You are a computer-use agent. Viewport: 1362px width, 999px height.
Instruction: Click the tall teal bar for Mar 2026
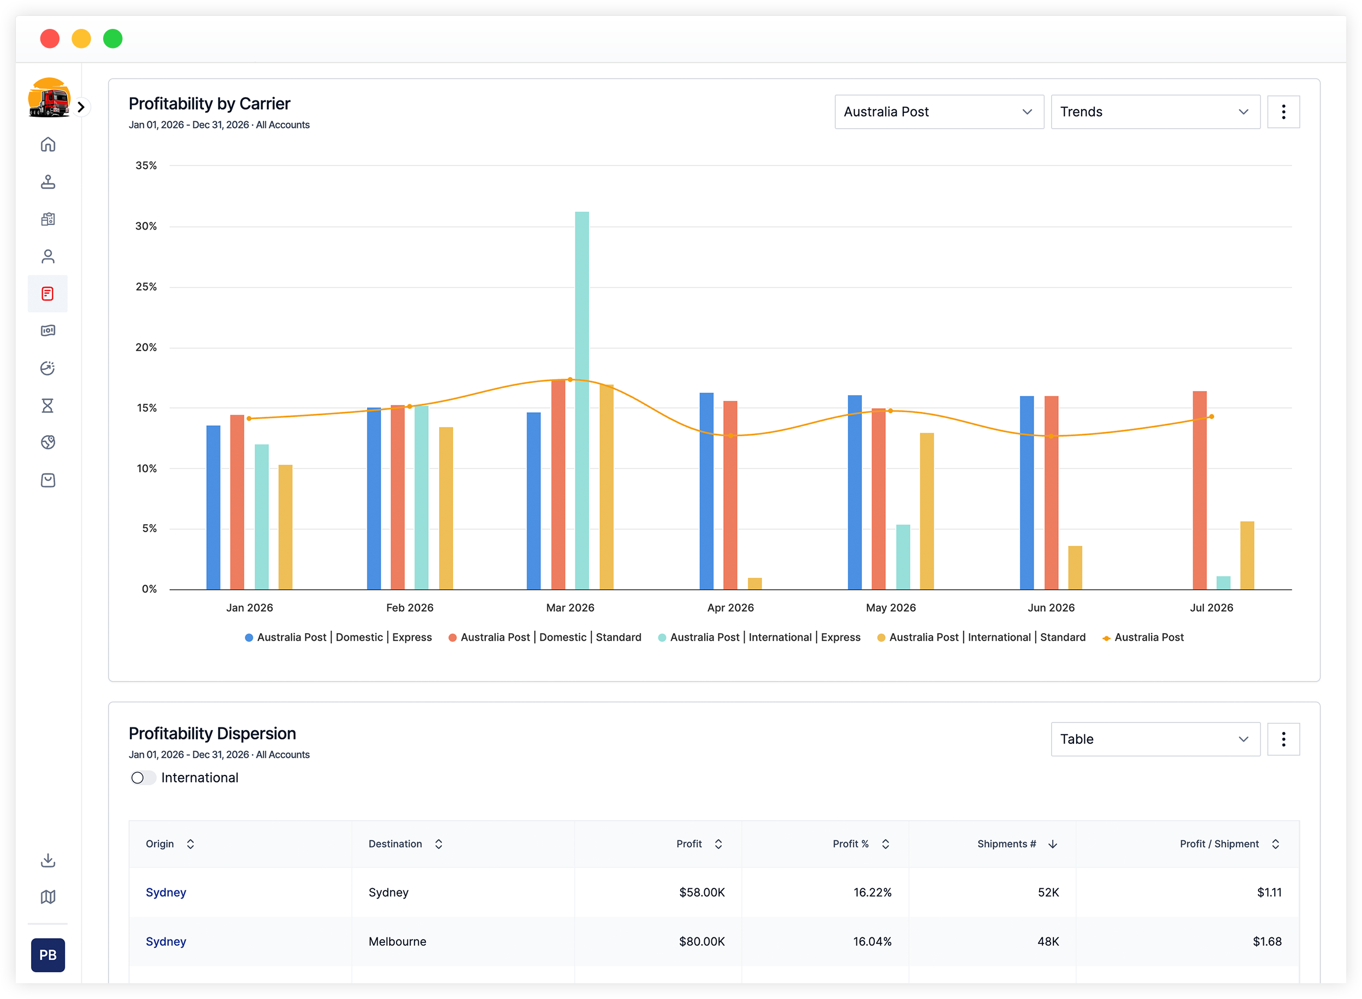pyautogui.click(x=582, y=400)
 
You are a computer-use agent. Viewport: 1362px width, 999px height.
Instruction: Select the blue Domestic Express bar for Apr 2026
pyautogui.click(x=706, y=491)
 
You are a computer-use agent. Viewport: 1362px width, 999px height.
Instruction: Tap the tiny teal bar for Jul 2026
pyautogui.click(x=1223, y=583)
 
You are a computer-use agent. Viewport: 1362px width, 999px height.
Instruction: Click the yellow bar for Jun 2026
pyautogui.click(x=1075, y=568)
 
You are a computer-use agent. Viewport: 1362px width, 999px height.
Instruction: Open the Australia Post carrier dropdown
pyautogui.click(x=939, y=112)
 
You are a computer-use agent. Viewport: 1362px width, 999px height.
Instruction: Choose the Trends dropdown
pyautogui.click(x=1156, y=112)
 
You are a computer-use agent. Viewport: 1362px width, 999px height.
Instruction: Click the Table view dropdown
pyautogui.click(x=1156, y=739)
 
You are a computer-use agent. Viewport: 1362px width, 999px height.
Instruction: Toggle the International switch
pyautogui.click(x=143, y=778)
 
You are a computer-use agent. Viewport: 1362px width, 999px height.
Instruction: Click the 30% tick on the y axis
pyautogui.click(x=146, y=226)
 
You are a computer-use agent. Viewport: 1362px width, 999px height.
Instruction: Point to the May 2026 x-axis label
pyautogui.click(x=891, y=608)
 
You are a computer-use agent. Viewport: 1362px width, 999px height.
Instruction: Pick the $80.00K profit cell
pyautogui.click(x=701, y=942)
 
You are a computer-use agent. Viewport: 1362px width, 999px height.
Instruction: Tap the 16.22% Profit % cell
pyautogui.click(x=872, y=893)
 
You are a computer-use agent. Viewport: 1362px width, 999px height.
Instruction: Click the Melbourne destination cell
pyautogui.click(x=397, y=942)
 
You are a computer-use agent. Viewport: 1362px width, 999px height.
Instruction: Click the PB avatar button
pyautogui.click(x=48, y=955)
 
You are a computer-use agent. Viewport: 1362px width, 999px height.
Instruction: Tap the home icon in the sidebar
pyautogui.click(x=48, y=145)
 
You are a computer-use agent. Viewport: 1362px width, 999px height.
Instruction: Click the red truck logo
pyautogui.click(x=49, y=98)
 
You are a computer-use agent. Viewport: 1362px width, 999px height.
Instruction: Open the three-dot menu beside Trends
pyautogui.click(x=1283, y=112)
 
